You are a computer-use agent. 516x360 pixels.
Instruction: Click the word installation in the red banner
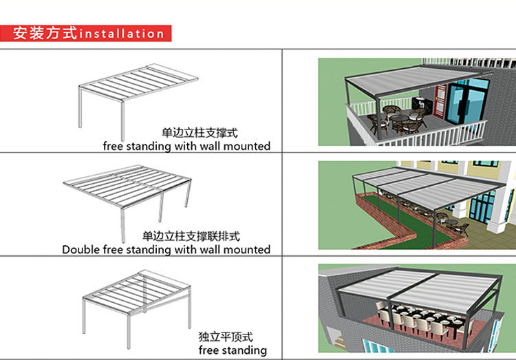point(122,33)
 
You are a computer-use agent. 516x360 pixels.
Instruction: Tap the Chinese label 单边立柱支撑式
point(195,131)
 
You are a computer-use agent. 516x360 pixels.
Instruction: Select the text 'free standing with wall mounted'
point(186,146)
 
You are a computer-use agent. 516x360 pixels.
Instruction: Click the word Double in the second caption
point(81,249)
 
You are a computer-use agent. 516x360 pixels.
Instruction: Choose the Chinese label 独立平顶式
point(226,337)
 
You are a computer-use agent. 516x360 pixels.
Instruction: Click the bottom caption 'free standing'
point(233,350)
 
